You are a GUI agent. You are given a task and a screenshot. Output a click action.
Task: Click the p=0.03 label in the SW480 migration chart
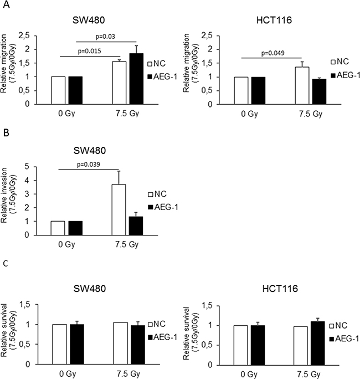pos(105,37)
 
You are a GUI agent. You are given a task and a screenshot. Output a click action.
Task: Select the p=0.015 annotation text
pos(89,51)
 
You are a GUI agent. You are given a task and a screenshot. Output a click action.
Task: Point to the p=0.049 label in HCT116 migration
pos(273,53)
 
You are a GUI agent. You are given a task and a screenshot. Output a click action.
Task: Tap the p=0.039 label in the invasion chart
pos(89,165)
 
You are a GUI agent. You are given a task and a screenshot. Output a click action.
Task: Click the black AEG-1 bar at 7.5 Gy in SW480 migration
pos(136,79)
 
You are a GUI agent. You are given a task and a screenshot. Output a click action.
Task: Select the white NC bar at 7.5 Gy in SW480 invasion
pos(119,210)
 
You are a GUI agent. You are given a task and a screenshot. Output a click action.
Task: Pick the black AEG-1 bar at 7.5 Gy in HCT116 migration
pos(319,91)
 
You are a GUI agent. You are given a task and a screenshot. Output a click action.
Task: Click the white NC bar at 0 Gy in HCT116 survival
pos(240,345)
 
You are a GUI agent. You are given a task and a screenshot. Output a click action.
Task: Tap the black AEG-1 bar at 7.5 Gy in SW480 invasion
pos(136,226)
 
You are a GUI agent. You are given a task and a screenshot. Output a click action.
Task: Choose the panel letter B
pos(6,132)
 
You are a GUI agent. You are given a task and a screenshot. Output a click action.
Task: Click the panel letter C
pos(6,263)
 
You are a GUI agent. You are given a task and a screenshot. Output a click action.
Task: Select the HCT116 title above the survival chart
pos(280,289)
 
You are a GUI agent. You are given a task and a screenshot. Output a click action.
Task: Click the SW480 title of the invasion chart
pos(90,151)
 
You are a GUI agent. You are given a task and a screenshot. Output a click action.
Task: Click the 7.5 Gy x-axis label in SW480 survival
pos(128,374)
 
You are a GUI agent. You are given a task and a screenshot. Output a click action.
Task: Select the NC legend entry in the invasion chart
pos(157,194)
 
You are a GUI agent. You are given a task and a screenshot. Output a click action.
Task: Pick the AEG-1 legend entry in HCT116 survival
pos(344,339)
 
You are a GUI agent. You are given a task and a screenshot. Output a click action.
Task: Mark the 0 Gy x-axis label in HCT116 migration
pos(249,114)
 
